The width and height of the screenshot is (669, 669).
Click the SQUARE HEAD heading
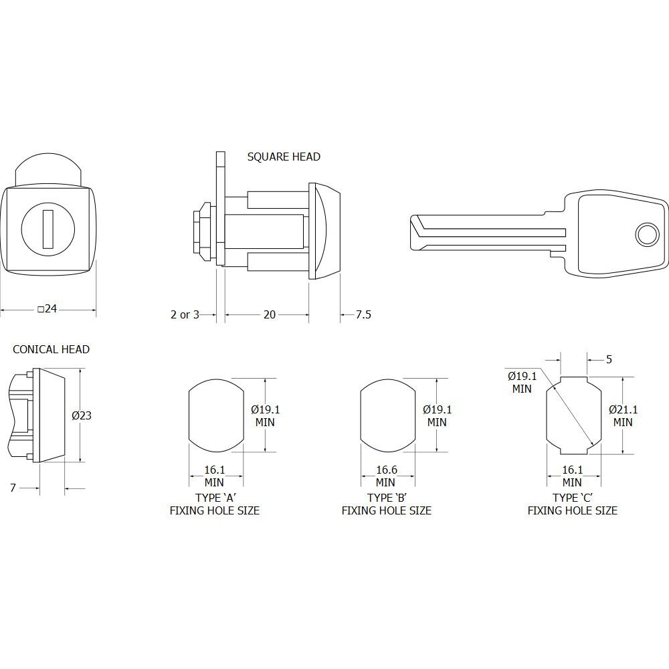pyautogui.click(x=284, y=157)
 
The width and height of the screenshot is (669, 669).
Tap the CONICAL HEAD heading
pyautogui.click(x=52, y=349)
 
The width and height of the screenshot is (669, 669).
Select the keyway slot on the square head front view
pyautogui.click(x=47, y=229)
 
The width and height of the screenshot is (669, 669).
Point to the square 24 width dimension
pyautogui.click(x=47, y=308)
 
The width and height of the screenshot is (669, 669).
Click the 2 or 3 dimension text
pyautogui.click(x=185, y=314)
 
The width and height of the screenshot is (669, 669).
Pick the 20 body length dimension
pyautogui.click(x=269, y=314)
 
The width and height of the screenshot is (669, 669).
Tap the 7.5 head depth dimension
pyautogui.click(x=363, y=314)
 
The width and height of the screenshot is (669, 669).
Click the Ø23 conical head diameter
pyautogui.click(x=82, y=415)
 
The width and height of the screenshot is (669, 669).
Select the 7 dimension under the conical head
pyautogui.click(x=13, y=488)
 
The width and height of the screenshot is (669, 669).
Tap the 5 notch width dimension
pyautogui.click(x=609, y=359)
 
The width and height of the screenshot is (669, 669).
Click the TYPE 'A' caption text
pyautogui.click(x=215, y=498)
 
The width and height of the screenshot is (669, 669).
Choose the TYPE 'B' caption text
pyautogui.click(x=387, y=498)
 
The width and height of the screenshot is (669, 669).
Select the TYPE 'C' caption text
pyautogui.click(x=573, y=498)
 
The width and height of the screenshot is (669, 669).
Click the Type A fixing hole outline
pyautogui.click(x=189, y=415)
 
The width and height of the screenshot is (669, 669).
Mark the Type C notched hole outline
pyautogui.click(x=547, y=415)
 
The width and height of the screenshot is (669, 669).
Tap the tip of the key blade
pyautogui.click(x=411, y=233)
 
